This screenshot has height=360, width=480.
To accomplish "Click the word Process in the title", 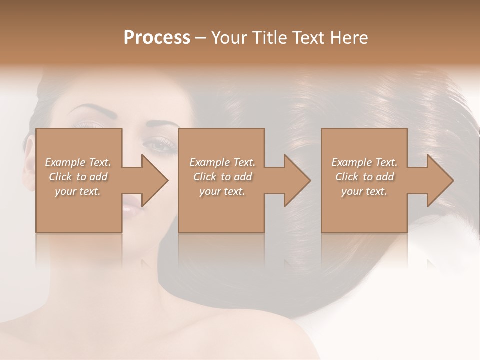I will (157, 38).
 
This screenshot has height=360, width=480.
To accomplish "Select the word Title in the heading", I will (268, 38).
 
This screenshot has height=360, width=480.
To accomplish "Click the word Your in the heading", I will (230, 38).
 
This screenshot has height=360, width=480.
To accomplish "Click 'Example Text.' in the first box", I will (78, 162).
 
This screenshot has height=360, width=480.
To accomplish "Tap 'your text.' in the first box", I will (78, 191).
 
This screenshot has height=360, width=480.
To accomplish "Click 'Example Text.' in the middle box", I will (222, 162).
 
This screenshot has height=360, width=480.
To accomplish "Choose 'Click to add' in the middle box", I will (222, 177).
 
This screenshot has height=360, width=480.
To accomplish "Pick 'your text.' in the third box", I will (364, 191).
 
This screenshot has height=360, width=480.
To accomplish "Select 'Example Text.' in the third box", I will (364, 162).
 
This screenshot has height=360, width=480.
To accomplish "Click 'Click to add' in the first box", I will (78, 177).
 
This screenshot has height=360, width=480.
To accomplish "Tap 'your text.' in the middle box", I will (222, 191).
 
